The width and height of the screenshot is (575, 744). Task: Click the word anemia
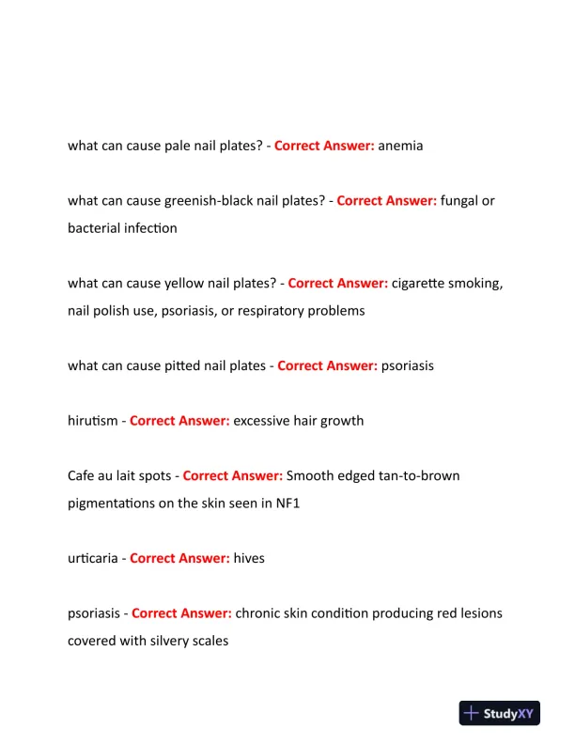400,146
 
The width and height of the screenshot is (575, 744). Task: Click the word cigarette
422,283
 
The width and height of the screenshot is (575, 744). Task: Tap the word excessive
263,420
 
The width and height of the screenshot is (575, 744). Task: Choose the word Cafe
82,475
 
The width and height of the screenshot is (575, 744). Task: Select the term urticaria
94,558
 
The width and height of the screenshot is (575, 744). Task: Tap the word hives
249,558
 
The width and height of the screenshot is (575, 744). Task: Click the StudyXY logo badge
500,714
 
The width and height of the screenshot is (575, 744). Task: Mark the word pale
178,146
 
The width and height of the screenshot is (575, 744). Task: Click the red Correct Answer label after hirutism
179,420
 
